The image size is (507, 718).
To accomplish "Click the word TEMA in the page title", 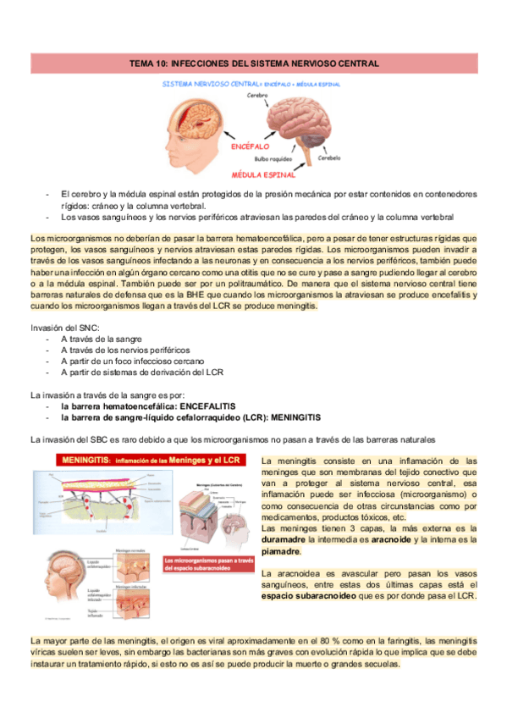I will coord(140,64).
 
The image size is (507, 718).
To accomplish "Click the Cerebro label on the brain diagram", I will coord(256,96).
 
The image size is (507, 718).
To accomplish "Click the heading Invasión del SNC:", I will coord(64,327).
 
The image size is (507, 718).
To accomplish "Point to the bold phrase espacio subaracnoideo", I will coord(299,596).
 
